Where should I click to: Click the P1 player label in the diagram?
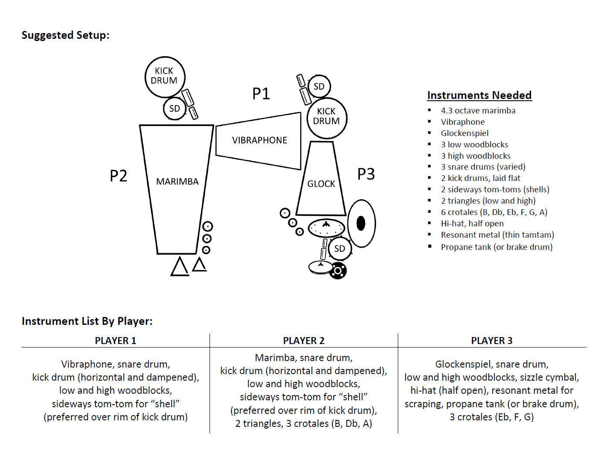(261, 93)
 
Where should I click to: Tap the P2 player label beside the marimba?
(118, 176)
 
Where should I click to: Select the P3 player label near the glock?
(366, 174)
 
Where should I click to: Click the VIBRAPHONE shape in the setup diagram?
(259, 140)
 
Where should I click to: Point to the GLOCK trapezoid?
(321, 184)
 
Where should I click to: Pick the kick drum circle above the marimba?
(165, 77)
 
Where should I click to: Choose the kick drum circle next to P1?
(327, 118)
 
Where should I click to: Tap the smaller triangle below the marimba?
(199, 265)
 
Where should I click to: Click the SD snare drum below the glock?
(339, 249)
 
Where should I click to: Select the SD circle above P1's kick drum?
(319, 86)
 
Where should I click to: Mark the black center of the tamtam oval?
(361, 223)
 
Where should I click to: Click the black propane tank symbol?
(338, 271)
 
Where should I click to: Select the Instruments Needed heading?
(479, 95)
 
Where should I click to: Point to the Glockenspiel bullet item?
(464, 133)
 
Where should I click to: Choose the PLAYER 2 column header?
(304, 341)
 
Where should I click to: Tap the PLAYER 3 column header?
(492, 341)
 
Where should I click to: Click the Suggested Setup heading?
(65, 35)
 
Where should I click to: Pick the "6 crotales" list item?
(494, 212)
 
